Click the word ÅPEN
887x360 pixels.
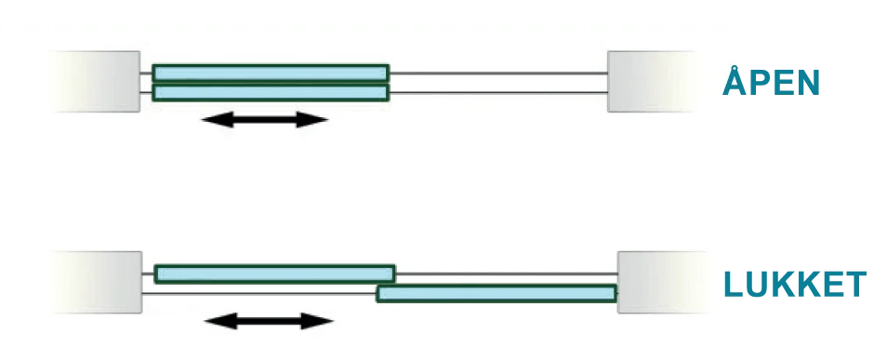772,82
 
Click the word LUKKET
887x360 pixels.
794,286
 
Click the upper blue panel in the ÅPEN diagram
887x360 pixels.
271,73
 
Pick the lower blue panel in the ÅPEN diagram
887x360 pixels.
271,92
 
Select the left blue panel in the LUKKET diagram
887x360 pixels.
274,273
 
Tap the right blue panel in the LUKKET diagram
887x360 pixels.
496,293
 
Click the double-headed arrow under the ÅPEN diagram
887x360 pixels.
265,119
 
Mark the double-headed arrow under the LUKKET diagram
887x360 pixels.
268,321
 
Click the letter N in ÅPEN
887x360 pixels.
806,83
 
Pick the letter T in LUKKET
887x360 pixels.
853,286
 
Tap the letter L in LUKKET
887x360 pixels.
735,286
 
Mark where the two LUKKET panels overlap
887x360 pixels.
386,284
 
